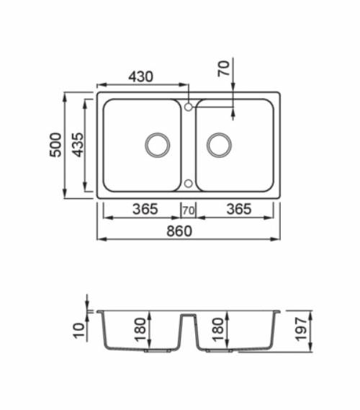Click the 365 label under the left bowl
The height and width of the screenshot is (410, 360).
(x=145, y=210)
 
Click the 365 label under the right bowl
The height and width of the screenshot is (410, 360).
(x=238, y=210)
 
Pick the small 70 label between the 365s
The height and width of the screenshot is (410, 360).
(x=189, y=210)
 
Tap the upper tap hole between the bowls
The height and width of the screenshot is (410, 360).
(x=188, y=107)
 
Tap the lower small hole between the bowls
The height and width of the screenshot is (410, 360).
(x=188, y=183)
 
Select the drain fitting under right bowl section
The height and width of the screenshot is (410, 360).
(x=218, y=352)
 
